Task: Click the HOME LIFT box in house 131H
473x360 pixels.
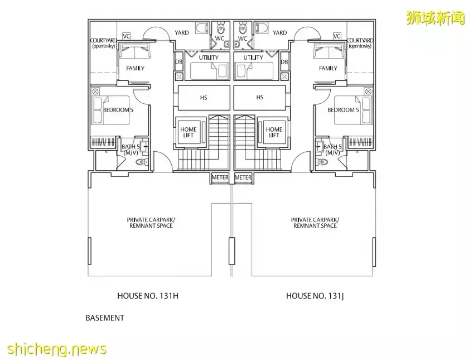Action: tap(189, 132)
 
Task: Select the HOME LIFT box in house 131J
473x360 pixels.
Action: tap(274, 132)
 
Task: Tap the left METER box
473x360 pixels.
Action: tap(220, 177)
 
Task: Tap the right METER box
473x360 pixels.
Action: tap(243, 177)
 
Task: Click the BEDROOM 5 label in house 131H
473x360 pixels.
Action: tap(118, 110)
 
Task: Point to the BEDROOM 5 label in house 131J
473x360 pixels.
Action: tap(342, 110)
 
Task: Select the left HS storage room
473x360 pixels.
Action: tap(203, 98)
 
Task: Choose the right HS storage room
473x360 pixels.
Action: tap(259, 98)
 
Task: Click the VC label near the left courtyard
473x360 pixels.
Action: tap(126, 36)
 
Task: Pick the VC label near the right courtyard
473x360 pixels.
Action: tap(336, 36)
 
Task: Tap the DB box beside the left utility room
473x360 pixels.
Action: tap(178, 62)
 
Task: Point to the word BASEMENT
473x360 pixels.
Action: tap(104, 318)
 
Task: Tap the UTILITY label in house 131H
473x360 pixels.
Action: tap(208, 57)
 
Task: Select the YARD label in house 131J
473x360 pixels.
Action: tap(279, 33)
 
